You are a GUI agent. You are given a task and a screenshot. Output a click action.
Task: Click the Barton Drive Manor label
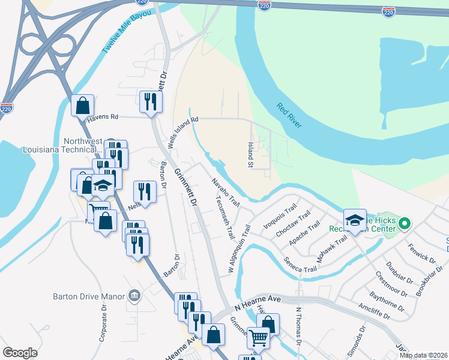[88, 296]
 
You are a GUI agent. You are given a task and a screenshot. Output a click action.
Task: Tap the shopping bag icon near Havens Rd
[83, 106]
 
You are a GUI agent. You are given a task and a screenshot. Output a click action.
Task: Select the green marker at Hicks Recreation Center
[405, 224]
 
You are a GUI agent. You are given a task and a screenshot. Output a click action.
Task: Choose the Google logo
[20, 353]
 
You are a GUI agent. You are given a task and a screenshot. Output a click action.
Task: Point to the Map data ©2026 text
[423, 355]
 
